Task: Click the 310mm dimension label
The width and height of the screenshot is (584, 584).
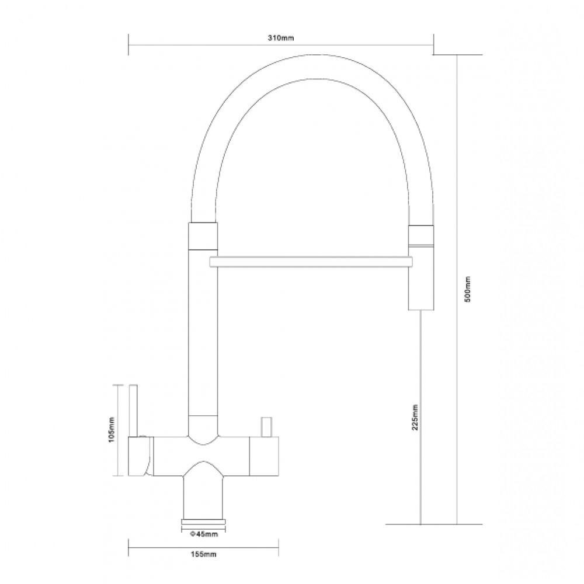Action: pyautogui.click(x=281, y=38)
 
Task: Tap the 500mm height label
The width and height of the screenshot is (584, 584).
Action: pyautogui.click(x=468, y=289)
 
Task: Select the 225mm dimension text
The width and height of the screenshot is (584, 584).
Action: pyautogui.click(x=415, y=417)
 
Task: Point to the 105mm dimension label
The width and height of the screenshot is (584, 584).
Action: pyautogui.click(x=111, y=430)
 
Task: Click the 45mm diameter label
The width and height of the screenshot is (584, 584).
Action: pyautogui.click(x=204, y=534)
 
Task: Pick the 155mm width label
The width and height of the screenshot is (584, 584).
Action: pyautogui.click(x=203, y=554)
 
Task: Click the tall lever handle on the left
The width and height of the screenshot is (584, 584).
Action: pyautogui.click(x=134, y=410)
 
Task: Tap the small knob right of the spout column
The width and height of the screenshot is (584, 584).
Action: pyautogui.click(x=267, y=427)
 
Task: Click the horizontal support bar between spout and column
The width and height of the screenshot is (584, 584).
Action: pyautogui.click(x=311, y=262)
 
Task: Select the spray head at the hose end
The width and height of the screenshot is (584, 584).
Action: pyautogui.click(x=421, y=267)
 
